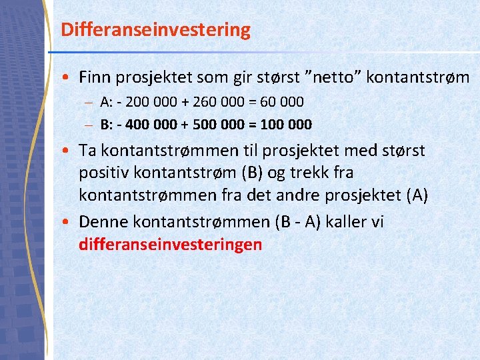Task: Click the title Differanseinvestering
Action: click(x=155, y=30)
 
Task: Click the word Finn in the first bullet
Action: click(x=95, y=77)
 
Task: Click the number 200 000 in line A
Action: click(x=139, y=102)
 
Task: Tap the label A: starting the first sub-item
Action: click(x=106, y=102)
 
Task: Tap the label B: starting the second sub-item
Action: click(x=106, y=125)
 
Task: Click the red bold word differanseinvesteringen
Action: click(x=170, y=245)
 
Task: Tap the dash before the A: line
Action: click(x=89, y=103)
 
